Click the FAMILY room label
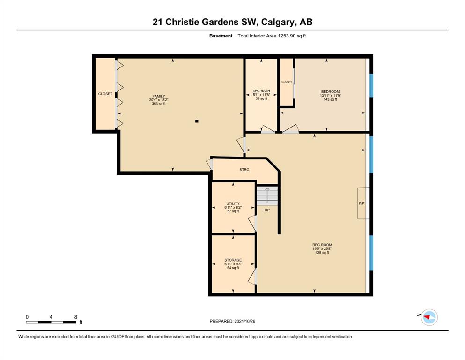tap(159, 96)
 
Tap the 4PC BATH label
tap(261, 91)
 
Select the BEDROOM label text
tap(330, 92)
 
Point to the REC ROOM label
tap(322, 245)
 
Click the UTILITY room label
tap(233, 203)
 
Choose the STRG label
tap(244, 170)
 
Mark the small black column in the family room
tap(197, 121)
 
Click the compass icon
tap(429, 317)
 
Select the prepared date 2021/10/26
tap(244, 321)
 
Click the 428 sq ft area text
tap(322, 253)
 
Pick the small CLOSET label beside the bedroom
tap(286, 82)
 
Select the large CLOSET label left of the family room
tap(105, 94)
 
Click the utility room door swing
tap(252, 224)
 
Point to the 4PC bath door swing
tap(268, 129)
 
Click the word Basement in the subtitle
tap(221, 36)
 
